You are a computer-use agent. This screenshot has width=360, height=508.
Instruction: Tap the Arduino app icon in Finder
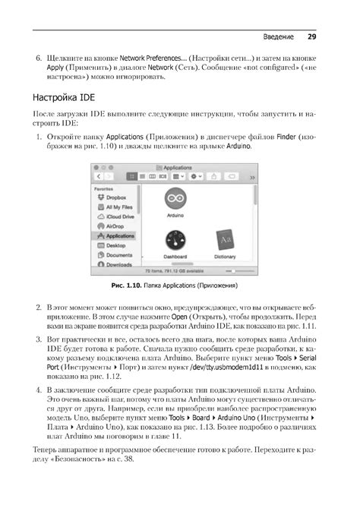pos(175,197)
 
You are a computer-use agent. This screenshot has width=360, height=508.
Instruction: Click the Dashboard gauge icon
pos(175,238)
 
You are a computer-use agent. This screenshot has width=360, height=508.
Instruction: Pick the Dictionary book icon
pos(225,238)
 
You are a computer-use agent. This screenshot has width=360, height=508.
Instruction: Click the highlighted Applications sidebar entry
pos(119,235)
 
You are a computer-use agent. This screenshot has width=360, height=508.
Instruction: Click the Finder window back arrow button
pos(98,175)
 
